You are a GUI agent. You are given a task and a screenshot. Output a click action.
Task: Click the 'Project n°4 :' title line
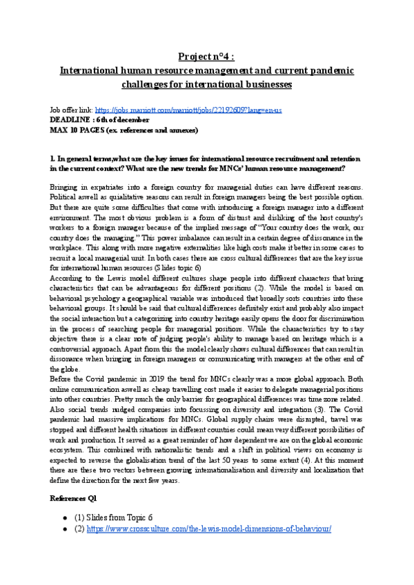click(x=206, y=54)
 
